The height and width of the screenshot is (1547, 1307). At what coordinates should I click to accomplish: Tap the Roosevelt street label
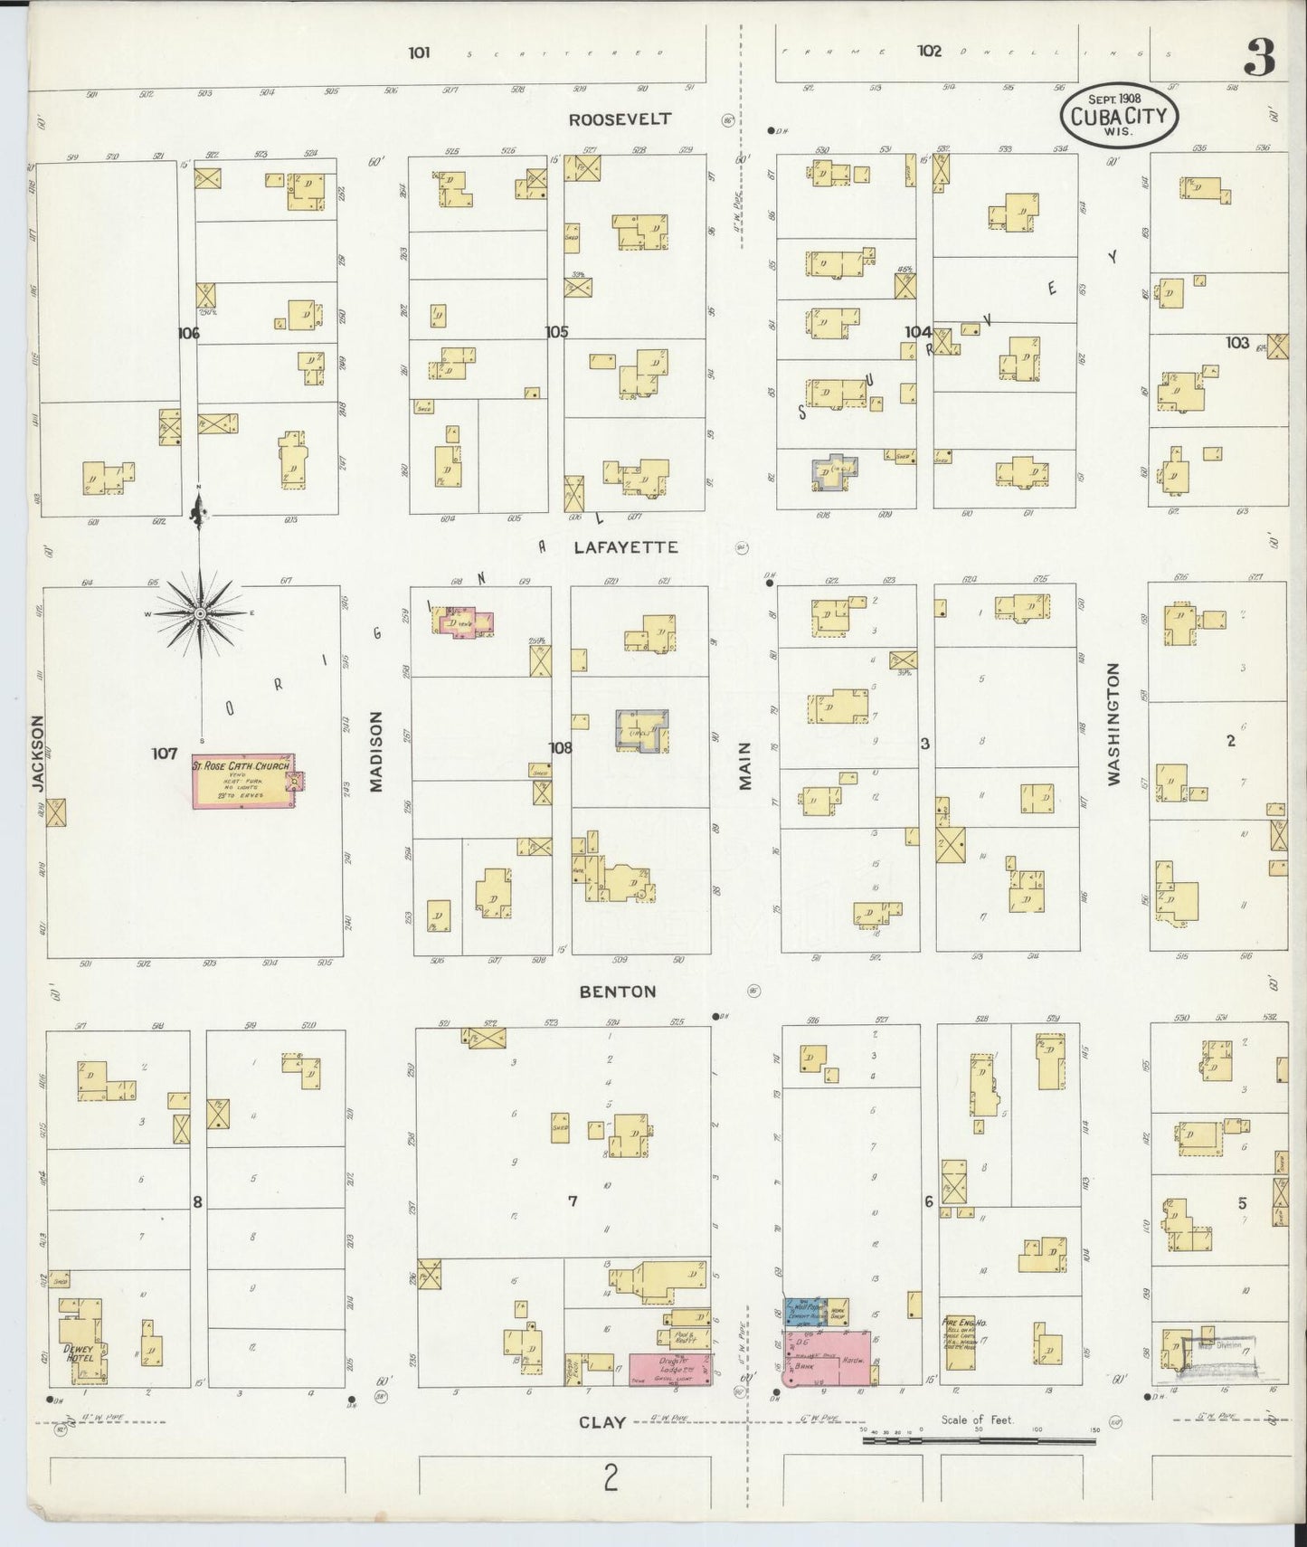pos(620,119)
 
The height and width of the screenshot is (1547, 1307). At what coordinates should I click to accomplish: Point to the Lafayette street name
pos(625,547)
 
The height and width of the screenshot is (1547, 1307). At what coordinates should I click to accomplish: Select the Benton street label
pos(618,992)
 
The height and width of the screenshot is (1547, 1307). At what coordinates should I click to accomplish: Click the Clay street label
pos(602,1422)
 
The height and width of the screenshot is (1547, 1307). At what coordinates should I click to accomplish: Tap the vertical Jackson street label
pos(38,754)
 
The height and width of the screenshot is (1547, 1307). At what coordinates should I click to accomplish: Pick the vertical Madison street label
pos(376,751)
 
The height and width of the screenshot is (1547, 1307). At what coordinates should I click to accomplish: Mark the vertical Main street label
pos(746,765)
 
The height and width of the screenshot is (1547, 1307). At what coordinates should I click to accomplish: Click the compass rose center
pos(200,612)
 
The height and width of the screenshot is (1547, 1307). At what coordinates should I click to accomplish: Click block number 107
pos(165,752)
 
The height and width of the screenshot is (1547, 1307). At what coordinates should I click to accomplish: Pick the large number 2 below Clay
pos(611,1478)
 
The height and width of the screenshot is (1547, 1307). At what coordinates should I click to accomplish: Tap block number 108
pos(561,747)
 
